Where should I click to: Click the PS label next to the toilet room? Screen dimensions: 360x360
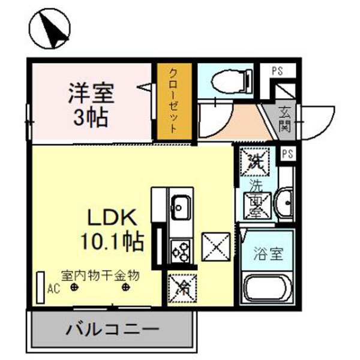tap(277, 70)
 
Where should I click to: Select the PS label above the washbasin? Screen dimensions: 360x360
tap(287, 153)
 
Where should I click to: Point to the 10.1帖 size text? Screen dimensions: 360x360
tap(113, 242)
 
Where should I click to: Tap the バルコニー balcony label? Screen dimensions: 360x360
tap(113, 330)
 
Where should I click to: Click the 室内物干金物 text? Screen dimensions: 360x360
tap(101, 275)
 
